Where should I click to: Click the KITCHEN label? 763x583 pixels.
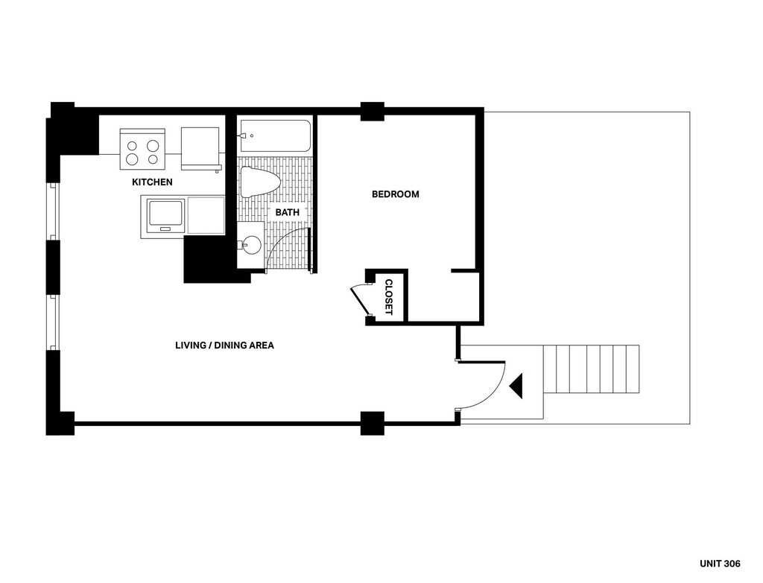coord(152,182)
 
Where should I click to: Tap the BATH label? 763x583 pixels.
coord(288,212)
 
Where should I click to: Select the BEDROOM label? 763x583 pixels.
coord(396,194)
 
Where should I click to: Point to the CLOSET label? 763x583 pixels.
coord(388,297)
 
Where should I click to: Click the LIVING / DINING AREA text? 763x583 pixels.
coord(224,345)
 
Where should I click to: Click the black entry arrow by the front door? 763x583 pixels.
coord(516,386)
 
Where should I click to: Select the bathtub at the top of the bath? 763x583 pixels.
coord(275,136)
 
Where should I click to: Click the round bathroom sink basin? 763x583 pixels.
coord(252,244)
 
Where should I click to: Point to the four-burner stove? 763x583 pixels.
coord(142,149)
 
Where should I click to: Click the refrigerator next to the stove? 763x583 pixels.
coord(200,147)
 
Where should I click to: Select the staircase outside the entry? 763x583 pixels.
coord(591,369)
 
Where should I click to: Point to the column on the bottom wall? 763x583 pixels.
coord(372,423)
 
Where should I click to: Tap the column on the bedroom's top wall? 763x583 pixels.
coord(372,111)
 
